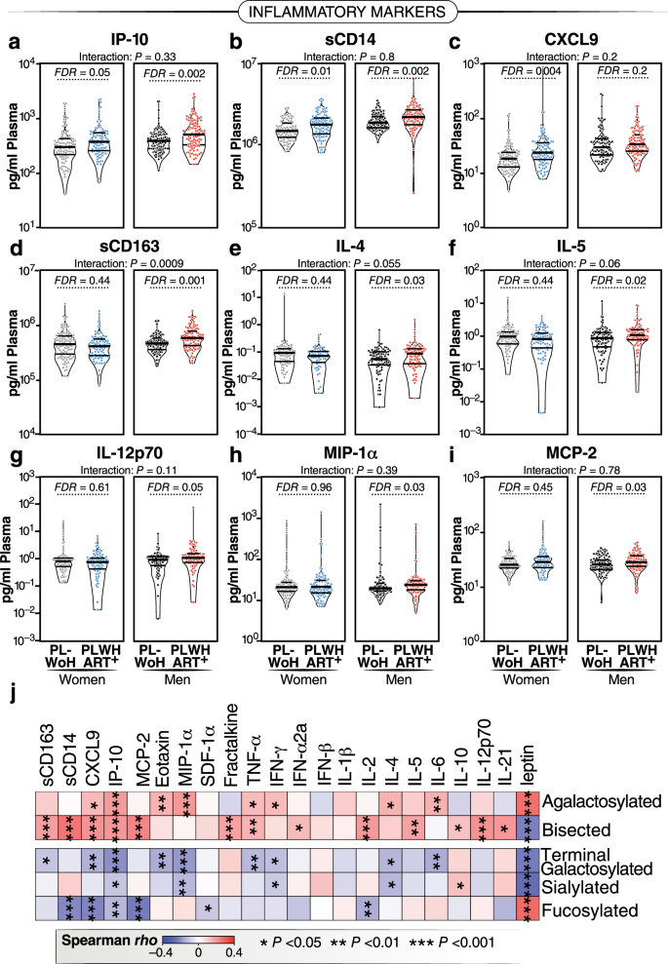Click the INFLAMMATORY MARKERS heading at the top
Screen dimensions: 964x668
click(x=334, y=14)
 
